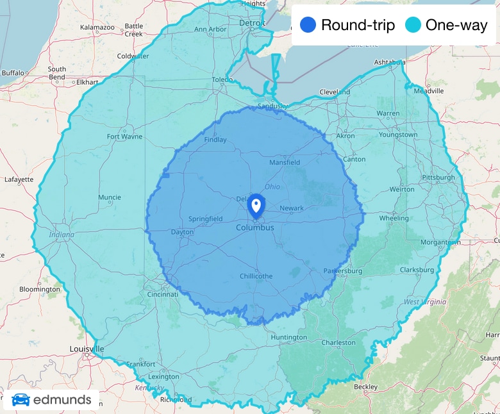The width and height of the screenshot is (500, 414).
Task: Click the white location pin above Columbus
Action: (256, 205)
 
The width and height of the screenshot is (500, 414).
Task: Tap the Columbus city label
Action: (254, 228)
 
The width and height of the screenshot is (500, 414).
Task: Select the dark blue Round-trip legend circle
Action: (308, 25)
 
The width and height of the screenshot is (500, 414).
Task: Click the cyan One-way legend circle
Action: (413, 25)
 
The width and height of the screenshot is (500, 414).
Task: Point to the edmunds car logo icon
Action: (21, 401)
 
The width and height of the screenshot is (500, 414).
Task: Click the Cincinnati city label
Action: (162, 294)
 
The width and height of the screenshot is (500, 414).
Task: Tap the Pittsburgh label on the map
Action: (438, 178)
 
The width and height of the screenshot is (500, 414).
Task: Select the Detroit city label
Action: (252, 23)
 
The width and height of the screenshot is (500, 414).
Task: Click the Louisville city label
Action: (87, 349)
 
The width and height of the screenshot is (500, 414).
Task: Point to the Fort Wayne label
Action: (124, 137)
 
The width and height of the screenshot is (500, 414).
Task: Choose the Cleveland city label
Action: (335, 92)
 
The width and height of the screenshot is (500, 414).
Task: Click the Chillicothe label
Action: (256, 276)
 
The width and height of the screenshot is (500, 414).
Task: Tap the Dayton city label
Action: (182, 232)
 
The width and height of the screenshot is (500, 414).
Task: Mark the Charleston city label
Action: (338, 343)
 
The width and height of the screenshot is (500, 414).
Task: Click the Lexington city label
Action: (163, 377)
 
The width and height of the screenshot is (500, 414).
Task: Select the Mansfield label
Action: (285, 163)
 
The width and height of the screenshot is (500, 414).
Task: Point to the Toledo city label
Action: (222, 80)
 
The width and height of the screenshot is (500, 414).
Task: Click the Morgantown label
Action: (440, 242)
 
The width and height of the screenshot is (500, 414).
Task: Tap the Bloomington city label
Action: (39, 290)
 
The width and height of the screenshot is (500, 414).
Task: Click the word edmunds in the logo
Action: (62, 401)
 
